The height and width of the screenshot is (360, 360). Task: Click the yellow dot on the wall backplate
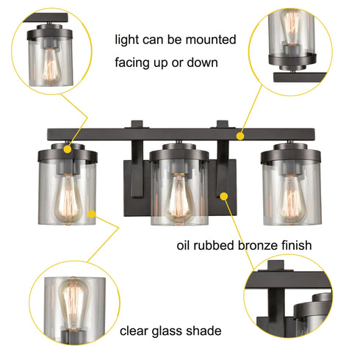click(222, 195)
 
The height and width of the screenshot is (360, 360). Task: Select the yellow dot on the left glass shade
click(91, 213)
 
